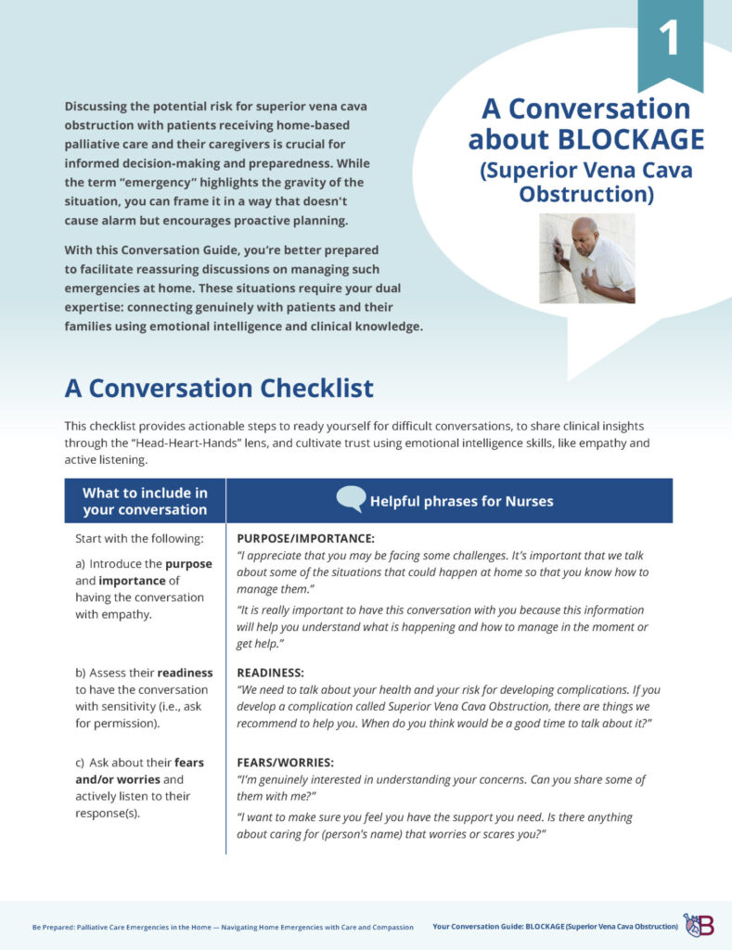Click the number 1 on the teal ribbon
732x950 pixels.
pos(669,38)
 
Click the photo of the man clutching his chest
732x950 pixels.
pos(587,258)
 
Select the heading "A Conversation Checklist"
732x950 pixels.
pos(219,387)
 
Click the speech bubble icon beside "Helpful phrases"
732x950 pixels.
pos(351,500)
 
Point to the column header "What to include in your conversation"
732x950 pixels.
pos(145,501)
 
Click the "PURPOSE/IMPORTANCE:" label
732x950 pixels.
pos(306,538)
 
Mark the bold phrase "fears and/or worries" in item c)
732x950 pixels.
pos(139,772)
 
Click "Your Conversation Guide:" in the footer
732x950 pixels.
pos(477,927)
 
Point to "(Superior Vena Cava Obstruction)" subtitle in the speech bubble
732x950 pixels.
pos(586,183)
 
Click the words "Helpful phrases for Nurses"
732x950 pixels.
pos(461,501)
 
